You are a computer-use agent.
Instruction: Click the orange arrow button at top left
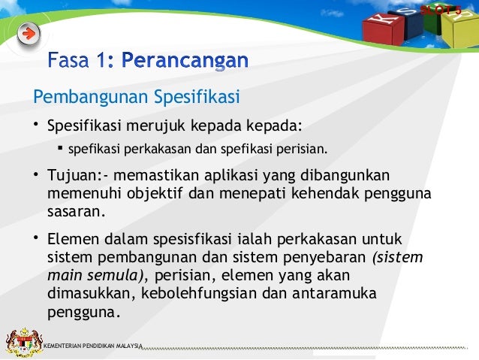28,34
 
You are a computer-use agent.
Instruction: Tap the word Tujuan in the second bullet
72,176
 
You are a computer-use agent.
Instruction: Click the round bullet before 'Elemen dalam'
35,240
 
